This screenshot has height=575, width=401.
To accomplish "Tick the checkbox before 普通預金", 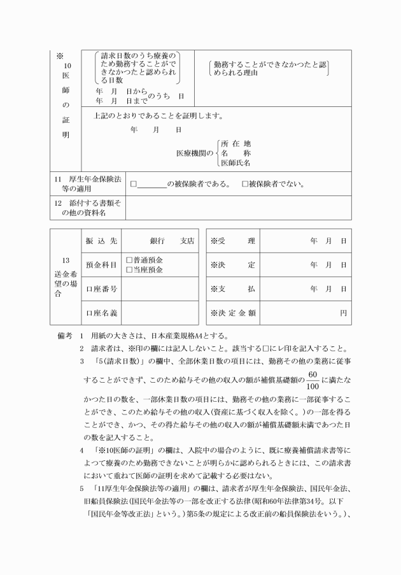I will [129, 260].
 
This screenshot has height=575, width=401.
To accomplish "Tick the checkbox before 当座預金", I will [129, 270].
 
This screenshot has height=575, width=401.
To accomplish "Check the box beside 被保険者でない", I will [245, 185].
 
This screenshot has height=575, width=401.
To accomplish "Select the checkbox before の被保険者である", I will [134, 185].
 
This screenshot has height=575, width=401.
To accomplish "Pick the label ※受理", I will [232, 241].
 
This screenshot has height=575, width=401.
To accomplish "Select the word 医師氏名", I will [236, 163].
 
